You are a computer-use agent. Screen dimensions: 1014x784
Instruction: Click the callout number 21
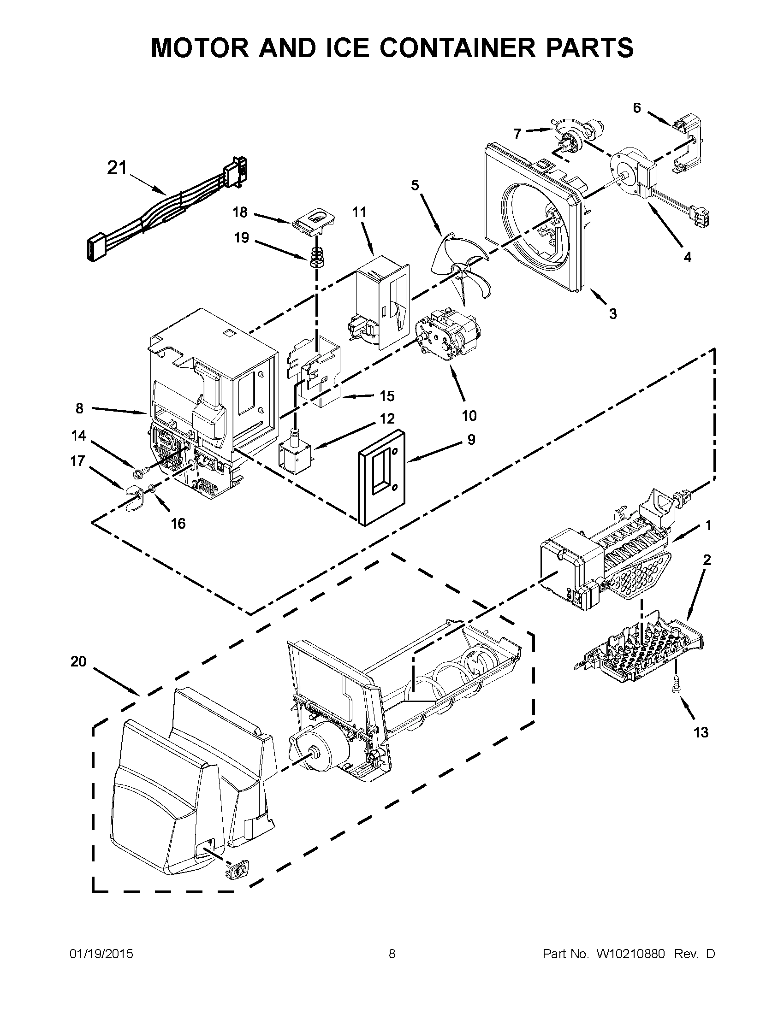click(117, 168)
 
